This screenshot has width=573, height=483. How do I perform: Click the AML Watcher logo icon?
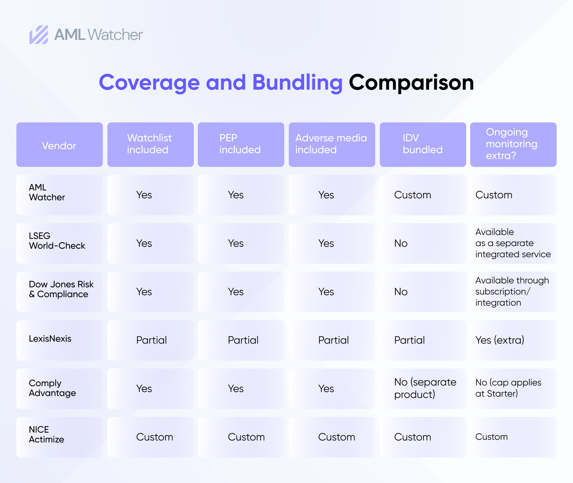[39, 35]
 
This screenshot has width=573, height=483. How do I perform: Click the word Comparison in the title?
[411, 82]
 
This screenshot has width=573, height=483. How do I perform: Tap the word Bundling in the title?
[297, 82]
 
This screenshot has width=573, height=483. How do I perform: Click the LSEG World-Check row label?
[57, 241]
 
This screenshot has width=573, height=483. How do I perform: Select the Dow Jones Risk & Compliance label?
[61, 289]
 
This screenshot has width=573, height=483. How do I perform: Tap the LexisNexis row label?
[50, 338]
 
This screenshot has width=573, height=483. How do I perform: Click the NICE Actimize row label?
[46, 434]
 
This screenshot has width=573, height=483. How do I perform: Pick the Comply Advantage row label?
[52, 388]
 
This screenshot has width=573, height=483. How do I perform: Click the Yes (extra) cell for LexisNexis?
[500, 340]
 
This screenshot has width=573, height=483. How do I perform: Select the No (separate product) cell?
[425, 388]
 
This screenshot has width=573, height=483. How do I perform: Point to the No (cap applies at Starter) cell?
[508, 388]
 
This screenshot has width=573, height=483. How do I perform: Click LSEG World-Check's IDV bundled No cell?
[401, 243]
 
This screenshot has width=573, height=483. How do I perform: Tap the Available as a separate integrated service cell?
[513, 243]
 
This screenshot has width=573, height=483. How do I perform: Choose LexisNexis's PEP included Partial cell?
[243, 340]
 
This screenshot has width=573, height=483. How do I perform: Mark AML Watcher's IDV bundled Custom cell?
[413, 195]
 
